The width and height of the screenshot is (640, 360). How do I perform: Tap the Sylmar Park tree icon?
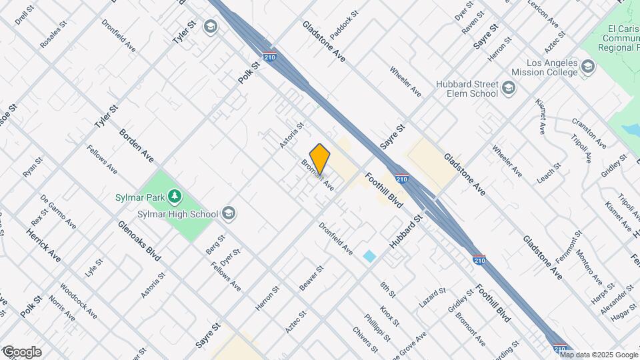point(175,196)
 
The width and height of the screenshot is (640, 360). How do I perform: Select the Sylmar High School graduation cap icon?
point(229,213)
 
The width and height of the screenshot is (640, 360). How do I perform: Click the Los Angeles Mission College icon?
point(587,66)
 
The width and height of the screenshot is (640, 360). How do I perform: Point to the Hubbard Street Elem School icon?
point(509,89)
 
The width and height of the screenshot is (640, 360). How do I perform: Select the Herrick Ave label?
point(43,245)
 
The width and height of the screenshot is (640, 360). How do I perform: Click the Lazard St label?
point(432,298)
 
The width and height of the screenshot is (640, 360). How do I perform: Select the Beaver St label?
point(311,277)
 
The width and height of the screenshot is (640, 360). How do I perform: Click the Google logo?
point(21,352)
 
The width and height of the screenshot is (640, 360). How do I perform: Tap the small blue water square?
point(369,256)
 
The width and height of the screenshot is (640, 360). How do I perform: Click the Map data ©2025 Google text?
point(603,355)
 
